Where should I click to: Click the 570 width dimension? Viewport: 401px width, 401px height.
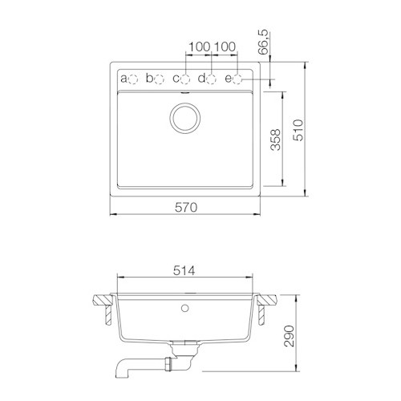[186, 208]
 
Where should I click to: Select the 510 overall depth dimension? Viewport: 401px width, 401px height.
[298, 130]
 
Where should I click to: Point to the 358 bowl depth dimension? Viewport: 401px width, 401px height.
[276, 140]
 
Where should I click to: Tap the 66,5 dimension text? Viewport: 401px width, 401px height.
[264, 43]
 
